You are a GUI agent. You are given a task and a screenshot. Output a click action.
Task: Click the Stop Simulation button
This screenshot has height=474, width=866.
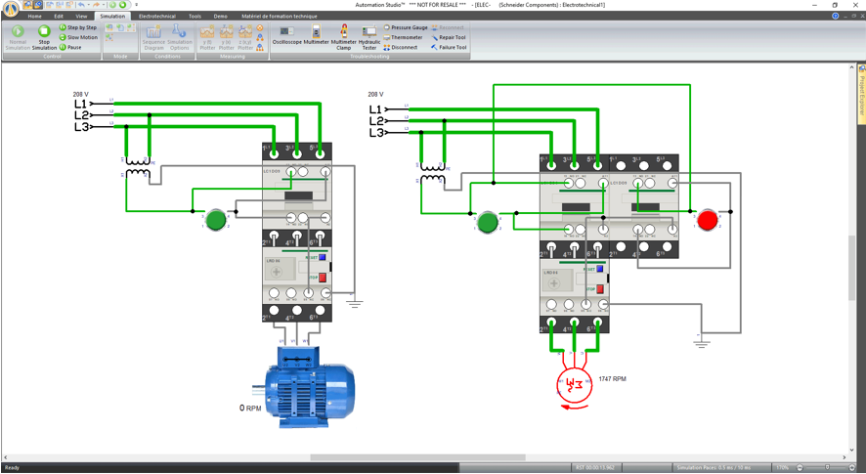[x=44, y=36]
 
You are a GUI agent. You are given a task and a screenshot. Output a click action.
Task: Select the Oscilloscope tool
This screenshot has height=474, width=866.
[x=286, y=35]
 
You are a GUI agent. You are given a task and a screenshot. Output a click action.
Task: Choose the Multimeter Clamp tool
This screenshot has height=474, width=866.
[x=344, y=37]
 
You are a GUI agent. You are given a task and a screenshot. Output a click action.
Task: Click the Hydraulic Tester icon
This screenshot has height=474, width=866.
[x=369, y=37]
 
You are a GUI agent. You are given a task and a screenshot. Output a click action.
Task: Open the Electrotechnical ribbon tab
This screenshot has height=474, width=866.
[x=157, y=16]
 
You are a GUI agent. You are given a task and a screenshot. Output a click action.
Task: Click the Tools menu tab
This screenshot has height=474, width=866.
[x=195, y=16]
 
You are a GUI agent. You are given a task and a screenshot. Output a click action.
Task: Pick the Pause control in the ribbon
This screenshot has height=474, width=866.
[x=70, y=47]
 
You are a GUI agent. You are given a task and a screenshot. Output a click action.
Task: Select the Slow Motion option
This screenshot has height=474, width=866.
[x=78, y=37]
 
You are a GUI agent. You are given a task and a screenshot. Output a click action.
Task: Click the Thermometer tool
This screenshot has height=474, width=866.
[x=404, y=37]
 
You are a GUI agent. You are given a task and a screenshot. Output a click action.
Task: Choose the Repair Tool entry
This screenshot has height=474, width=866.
[x=450, y=37]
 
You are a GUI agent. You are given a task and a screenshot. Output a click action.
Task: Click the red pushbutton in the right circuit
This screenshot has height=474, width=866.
[x=708, y=221]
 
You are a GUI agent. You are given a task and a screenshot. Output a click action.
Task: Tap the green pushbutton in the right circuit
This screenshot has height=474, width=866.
[x=488, y=223]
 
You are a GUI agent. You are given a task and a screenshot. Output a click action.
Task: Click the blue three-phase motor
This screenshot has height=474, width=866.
[x=309, y=388]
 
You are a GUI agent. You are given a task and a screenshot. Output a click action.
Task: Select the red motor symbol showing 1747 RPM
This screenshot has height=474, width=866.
[x=575, y=385]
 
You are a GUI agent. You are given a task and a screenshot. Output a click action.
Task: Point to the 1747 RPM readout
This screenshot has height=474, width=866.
[x=613, y=378]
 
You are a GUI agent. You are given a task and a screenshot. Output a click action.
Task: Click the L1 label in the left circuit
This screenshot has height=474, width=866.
[x=81, y=104]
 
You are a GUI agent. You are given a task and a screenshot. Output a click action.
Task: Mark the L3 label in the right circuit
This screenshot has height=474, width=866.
[x=376, y=133]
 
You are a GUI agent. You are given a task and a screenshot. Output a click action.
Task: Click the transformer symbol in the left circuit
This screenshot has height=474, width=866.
[x=138, y=168]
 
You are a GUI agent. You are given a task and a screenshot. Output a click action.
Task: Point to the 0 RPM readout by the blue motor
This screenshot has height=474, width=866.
[x=250, y=409]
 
